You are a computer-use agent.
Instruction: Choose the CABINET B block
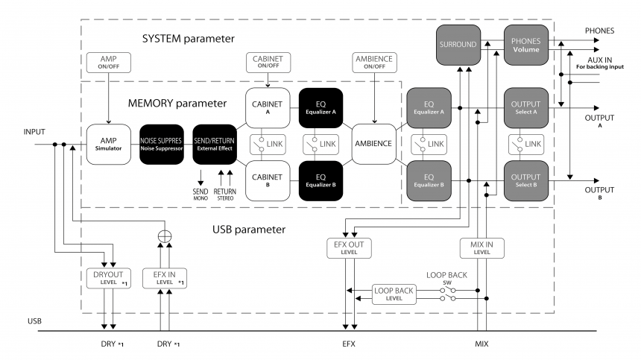[268, 181]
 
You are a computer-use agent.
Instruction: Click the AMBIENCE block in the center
[375, 145]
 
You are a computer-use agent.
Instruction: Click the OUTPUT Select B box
[525, 181]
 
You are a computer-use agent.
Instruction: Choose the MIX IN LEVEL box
[482, 247]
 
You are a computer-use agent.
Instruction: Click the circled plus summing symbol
[165, 239]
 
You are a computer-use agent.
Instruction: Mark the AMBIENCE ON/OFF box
[375, 63]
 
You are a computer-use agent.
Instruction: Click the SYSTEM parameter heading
[188, 38]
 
